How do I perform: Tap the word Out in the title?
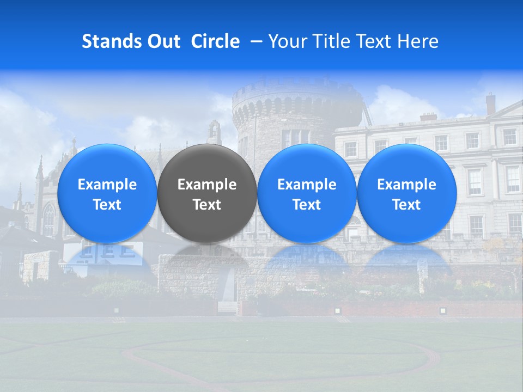pos(162,41)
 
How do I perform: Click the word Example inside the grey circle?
pos(207,185)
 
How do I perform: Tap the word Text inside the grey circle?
pos(207,205)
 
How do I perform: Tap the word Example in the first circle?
pos(107,185)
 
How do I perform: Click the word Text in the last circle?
pos(406,205)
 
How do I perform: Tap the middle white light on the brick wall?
pos(337,310)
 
